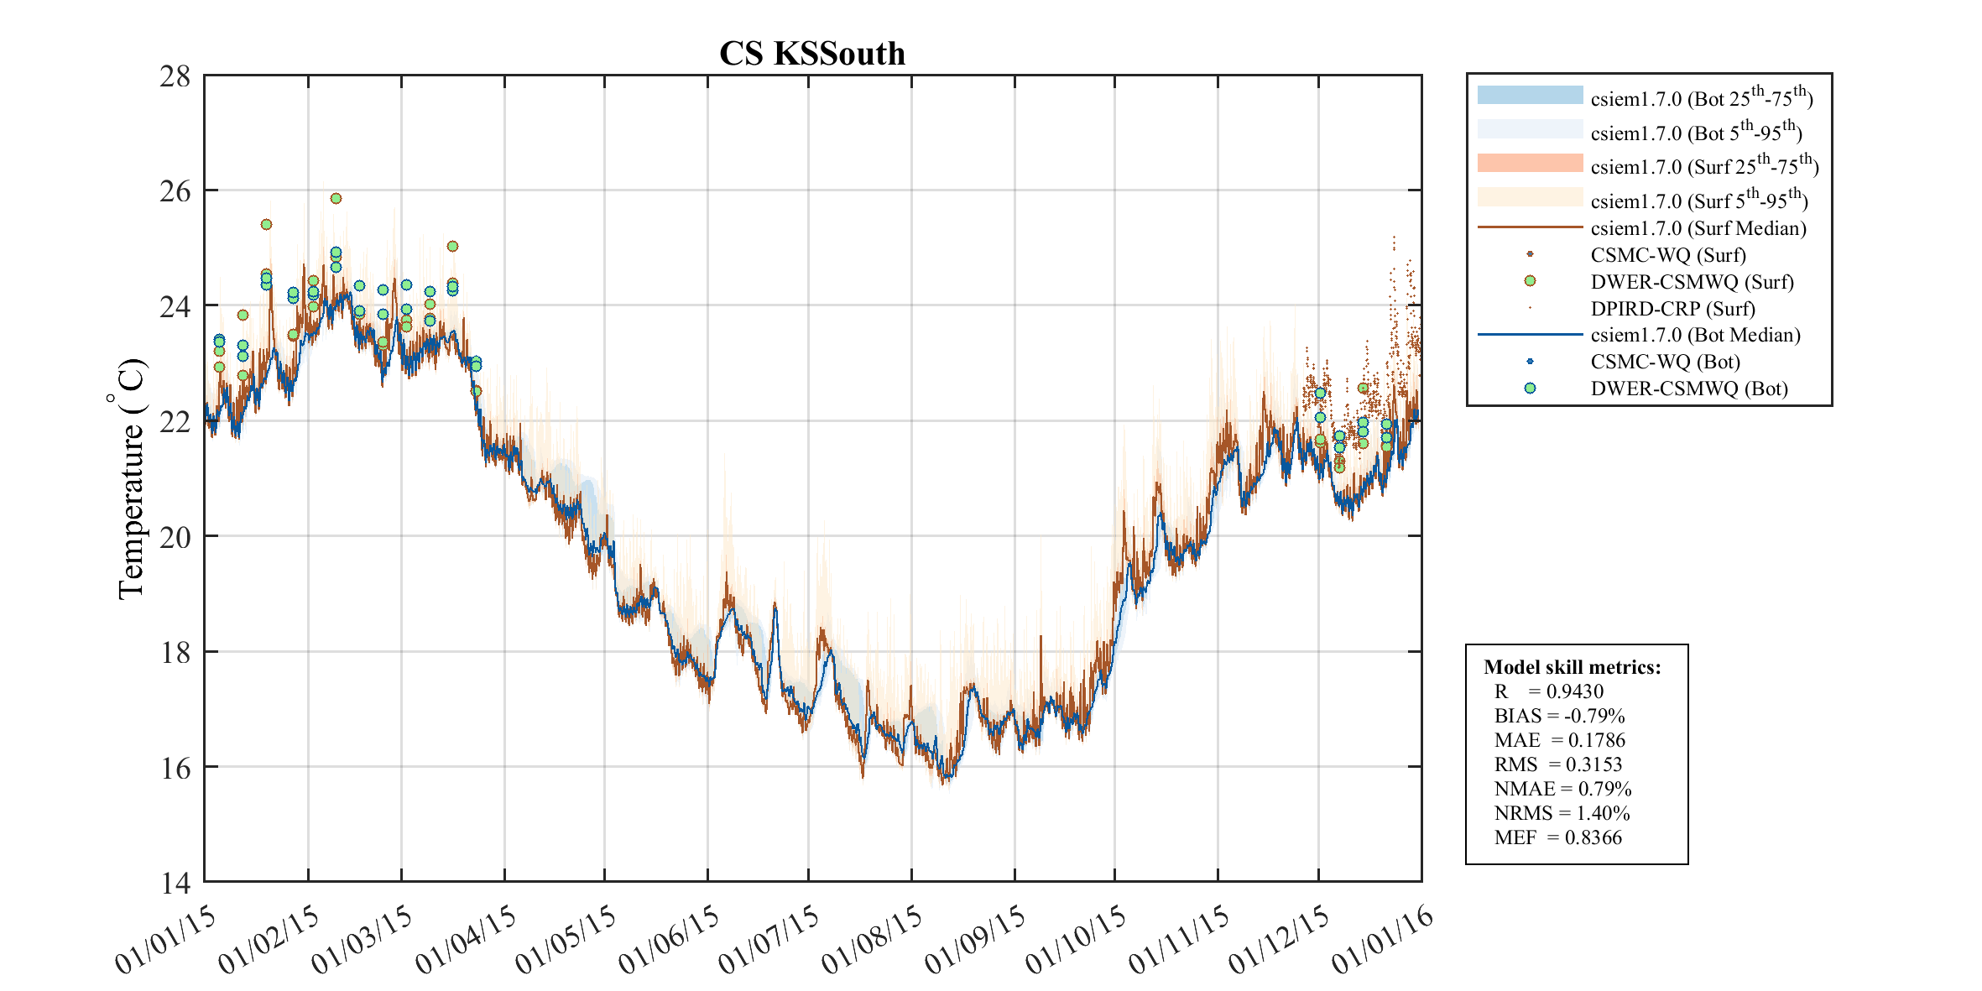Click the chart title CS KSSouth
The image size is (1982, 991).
pyautogui.click(x=812, y=54)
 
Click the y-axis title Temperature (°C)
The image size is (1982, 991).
pyautogui.click(x=130, y=478)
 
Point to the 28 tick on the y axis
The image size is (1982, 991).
pyautogui.click(x=175, y=76)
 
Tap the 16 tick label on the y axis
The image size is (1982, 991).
pyautogui.click(x=175, y=768)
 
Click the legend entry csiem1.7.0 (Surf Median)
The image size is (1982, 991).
pyautogui.click(x=1698, y=228)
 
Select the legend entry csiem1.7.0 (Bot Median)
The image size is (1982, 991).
pyautogui.click(x=1695, y=335)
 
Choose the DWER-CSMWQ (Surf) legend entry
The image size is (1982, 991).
pyautogui.click(x=1692, y=282)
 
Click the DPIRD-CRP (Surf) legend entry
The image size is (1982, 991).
pyautogui.click(x=1672, y=309)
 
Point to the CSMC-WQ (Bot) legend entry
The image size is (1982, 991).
pyautogui.click(x=1665, y=362)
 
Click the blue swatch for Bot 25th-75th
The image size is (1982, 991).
pyautogui.click(x=1530, y=95)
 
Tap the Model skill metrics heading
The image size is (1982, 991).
pyautogui.click(x=1572, y=667)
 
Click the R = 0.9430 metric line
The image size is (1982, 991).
pyautogui.click(x=1548, y=691)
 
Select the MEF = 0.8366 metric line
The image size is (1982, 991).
pyautogui.click(x=1557, y=837)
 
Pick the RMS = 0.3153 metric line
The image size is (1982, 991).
pyautogui.click(x=1557, y=764)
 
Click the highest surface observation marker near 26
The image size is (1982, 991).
pyautogui.click(x=336, y=199)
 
